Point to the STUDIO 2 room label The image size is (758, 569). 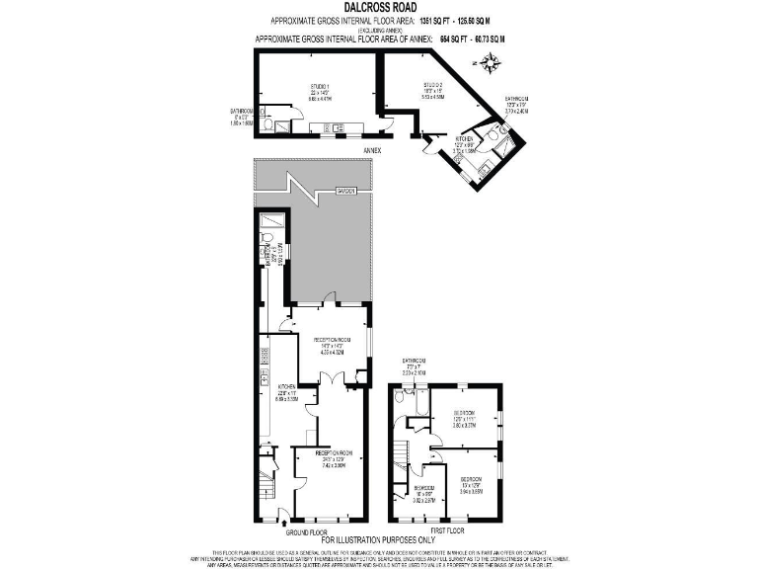click(x=433, y=90)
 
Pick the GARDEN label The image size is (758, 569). click(x=344, y=190)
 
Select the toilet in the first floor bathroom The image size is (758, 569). click(x=398, y=395)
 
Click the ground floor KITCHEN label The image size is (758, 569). click(x=286, y=391)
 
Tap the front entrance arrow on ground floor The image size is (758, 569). click(x=284, y=513)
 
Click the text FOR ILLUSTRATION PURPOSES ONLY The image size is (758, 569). click(x=379, y=540)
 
